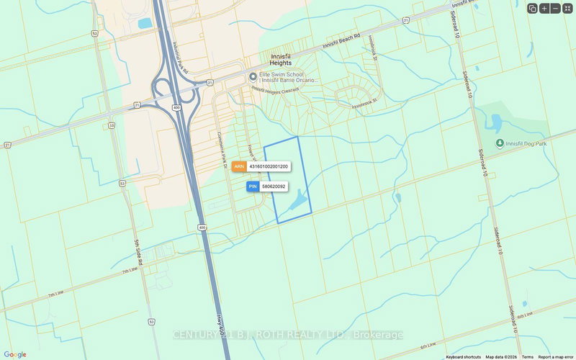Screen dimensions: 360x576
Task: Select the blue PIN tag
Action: pos(253,186)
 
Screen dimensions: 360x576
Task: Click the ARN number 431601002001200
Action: pos(269,166)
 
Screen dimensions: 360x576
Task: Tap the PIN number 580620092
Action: pos(274,186)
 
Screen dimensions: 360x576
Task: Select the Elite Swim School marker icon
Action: pos(253,77)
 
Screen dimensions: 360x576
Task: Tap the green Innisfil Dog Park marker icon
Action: pos(500,142)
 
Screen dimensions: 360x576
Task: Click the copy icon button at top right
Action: pos(532,9)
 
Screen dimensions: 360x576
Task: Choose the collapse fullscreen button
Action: pos(567,9)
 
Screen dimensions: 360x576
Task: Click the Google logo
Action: pos(14,354)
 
